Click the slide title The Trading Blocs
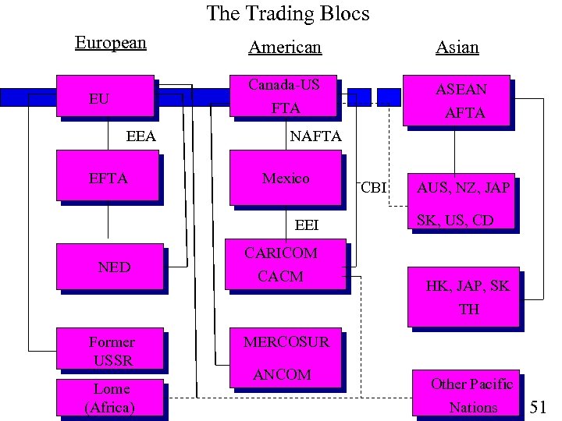coord(287,14)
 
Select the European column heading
coord(111,43)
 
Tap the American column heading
coord(284,48)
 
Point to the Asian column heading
coord(457,48)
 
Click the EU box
coord(108,98)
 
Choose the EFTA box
coord(108,179)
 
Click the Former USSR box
coord(111,351)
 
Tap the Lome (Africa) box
coord(110,397)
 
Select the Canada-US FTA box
coord(286,97)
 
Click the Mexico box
coord(286,179)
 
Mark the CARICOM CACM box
coord(286,265)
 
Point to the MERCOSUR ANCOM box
coord(286,358)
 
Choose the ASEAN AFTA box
coord(456,101)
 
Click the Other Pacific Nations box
coord(471,394)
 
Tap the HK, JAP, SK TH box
coord(467,297)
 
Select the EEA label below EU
coord(141,137)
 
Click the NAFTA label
coord(315,136)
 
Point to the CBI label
coord(374,188)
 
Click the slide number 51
coord(539,406)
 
